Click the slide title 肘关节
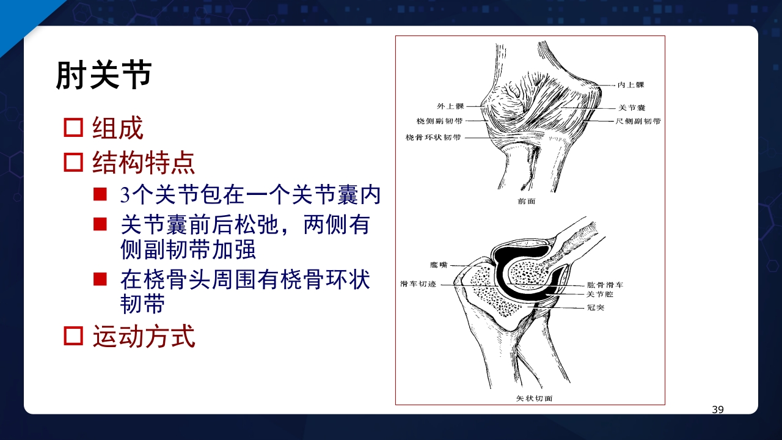point(103,76)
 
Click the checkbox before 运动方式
point(73,335)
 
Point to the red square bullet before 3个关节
point(100,195)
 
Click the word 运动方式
point(144,336)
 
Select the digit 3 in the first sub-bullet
point(125,196)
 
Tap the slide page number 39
point(718,409)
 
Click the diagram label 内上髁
point(630,85)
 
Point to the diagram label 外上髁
point(450,106)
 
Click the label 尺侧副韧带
point(638,122)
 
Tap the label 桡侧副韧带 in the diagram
point(439,121)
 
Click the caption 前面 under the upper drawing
point(526,201)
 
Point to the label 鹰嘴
point(439,265)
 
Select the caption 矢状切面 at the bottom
point(535,398)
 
